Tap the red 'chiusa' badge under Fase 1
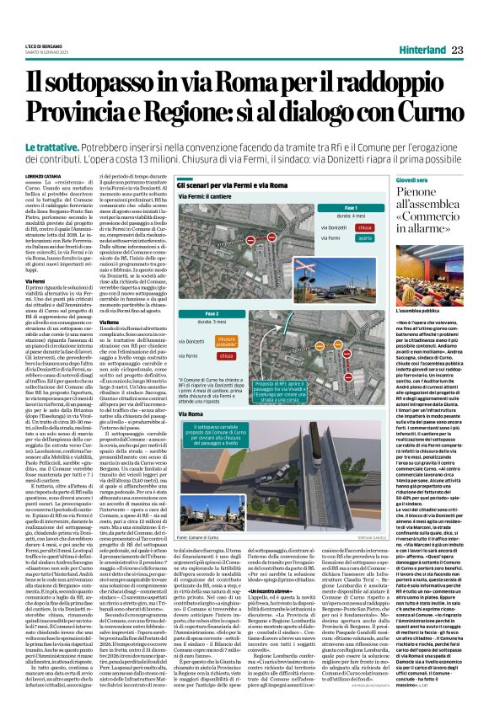364,227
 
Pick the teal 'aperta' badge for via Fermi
364,238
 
